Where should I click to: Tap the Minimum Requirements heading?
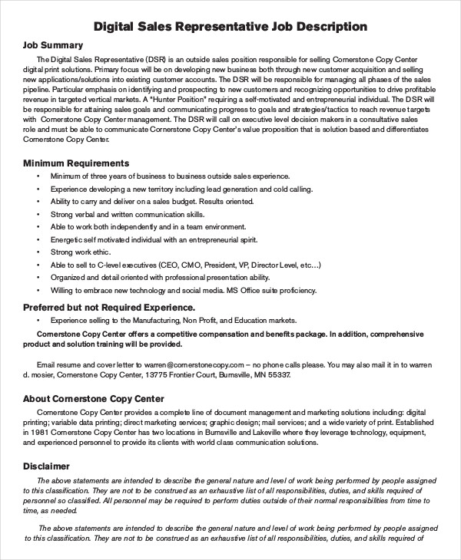[x=76, y=163]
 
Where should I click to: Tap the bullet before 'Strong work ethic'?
[x=38, y=252]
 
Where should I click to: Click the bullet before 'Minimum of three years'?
[x=38, y=176]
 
